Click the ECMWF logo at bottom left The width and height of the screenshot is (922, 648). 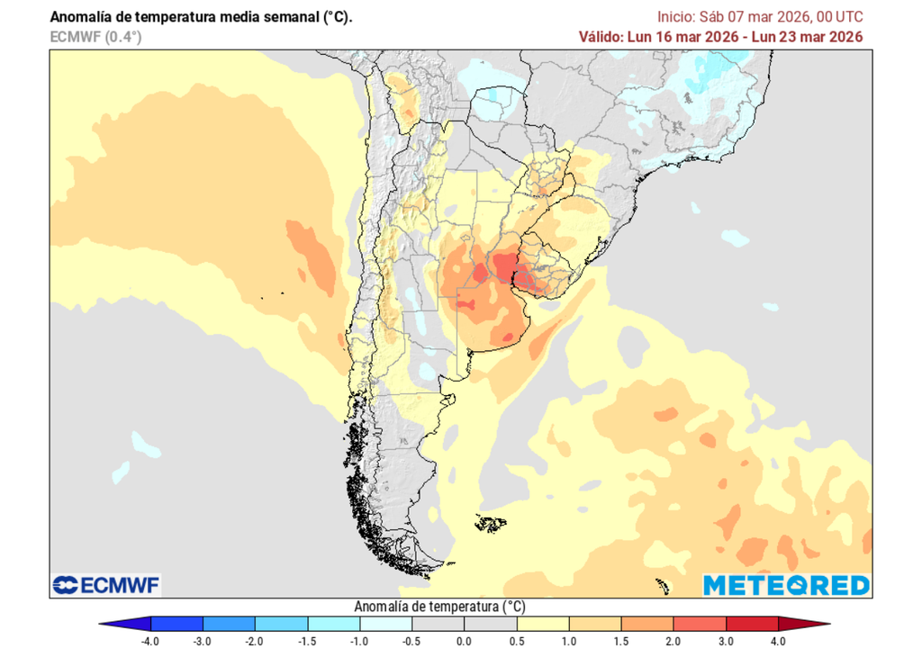105,585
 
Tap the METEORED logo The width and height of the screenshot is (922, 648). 786,585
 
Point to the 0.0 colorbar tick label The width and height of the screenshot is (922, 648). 464,640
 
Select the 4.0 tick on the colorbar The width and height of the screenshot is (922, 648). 777,640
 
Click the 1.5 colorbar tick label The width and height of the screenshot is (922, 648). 620,640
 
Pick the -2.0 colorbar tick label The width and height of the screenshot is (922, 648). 256,640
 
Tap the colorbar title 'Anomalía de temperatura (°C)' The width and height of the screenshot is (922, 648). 440,606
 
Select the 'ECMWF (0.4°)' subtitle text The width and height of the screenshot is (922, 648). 96,37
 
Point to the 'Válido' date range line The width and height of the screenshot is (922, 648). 720,37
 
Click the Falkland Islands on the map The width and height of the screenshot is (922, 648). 491,523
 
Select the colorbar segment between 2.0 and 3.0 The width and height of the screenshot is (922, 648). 699,623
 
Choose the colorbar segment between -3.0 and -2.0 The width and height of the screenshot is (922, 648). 230,623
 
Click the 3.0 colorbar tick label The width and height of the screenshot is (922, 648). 725,640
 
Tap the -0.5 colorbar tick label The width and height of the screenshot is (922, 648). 411,640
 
